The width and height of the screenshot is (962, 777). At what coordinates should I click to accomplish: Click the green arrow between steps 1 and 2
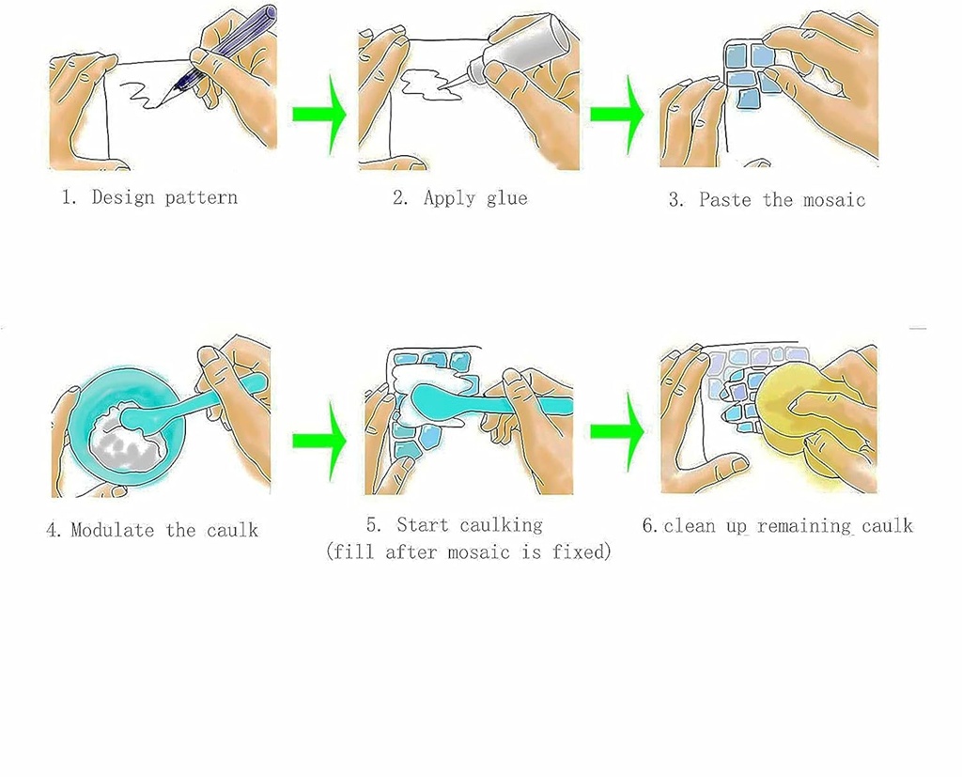click(319, 115)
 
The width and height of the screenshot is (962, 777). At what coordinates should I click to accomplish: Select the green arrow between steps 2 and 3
click(617, 115)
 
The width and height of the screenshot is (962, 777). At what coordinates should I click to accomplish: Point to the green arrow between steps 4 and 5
click(319, 440)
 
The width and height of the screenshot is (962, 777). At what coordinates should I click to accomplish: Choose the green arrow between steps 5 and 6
click(617, 432)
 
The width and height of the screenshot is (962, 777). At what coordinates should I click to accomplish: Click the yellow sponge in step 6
click(798, 405)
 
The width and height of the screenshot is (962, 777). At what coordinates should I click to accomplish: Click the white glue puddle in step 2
click(428, 85)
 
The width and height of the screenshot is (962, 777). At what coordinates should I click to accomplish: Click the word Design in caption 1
click(123, 197)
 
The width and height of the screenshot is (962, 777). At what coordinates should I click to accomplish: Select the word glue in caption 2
click(506, 199)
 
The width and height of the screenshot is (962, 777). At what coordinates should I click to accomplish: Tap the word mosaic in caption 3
click(834, 200)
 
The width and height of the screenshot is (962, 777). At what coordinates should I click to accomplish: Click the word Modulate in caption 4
click(113, 530)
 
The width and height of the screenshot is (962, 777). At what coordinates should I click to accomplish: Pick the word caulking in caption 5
click(502, 526)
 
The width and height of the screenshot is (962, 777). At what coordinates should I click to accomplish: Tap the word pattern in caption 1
click(201, 198)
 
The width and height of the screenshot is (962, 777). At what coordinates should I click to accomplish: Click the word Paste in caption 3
click(725, 199)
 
